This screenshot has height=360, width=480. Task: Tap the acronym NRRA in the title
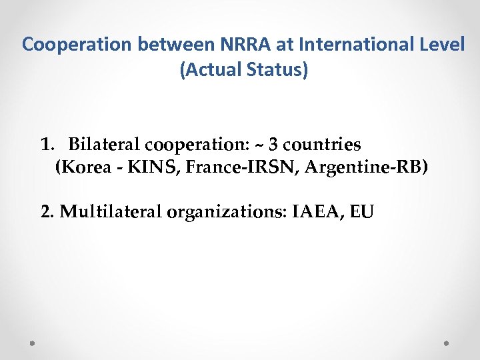235,45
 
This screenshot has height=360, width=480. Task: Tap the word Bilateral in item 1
104,144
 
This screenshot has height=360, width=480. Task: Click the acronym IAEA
315,212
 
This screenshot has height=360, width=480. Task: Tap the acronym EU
362,212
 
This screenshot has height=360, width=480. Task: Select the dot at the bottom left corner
33,343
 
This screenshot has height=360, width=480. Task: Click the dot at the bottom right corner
446,343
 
